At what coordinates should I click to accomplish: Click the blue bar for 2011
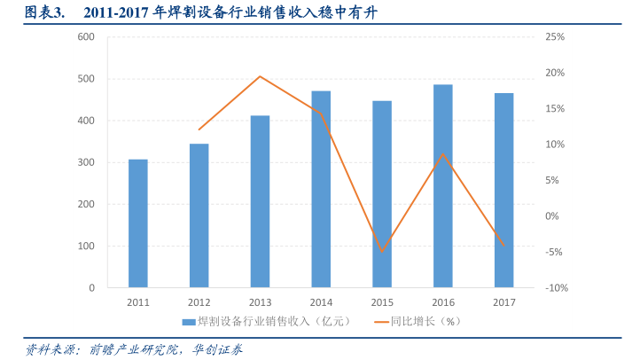137,223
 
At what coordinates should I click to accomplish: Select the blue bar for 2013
260,201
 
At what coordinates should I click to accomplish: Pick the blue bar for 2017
503,191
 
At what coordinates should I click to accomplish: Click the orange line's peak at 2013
260,76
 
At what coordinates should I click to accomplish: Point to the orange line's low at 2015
382,252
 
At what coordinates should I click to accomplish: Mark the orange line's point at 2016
442,153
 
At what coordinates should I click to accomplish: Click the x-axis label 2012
199,302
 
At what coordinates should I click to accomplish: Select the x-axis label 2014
321,302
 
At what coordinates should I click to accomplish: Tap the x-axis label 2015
382,302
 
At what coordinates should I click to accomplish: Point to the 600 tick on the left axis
86,36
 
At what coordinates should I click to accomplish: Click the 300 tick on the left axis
86,162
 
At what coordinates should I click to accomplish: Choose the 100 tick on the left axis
86,247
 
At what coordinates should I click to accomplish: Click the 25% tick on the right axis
555,36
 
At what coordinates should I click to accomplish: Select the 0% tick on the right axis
552,216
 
